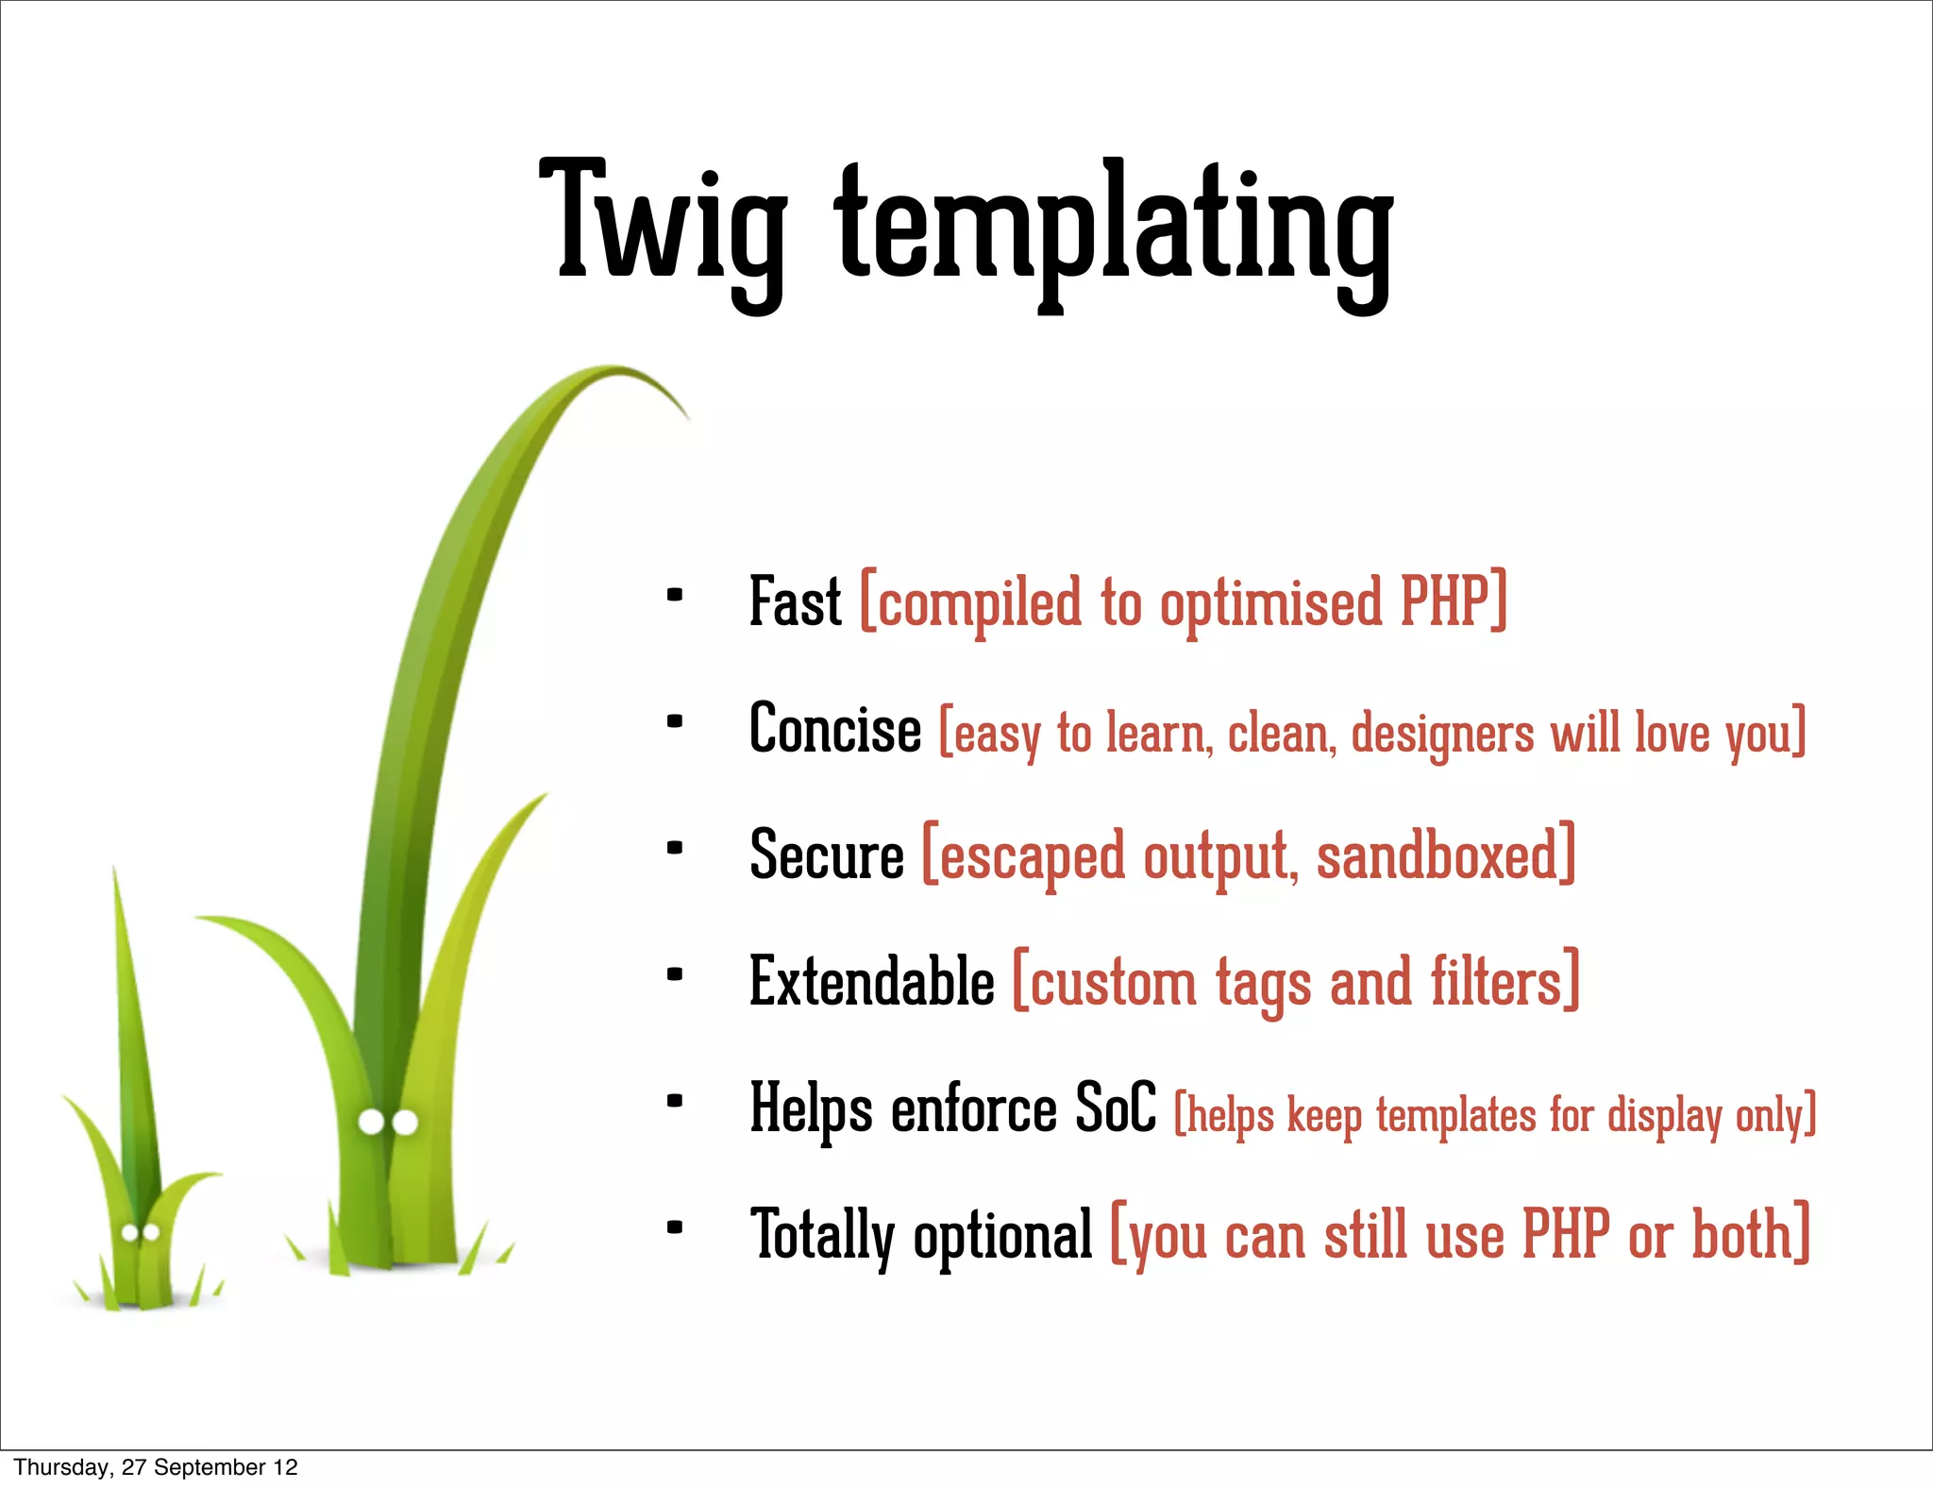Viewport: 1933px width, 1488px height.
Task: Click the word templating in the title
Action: tap(1114, 231)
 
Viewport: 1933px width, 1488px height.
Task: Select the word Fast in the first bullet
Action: tap(794, 601)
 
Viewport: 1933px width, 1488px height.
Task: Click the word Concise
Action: tap(834, 729)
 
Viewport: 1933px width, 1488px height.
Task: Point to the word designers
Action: tap(1442, 734)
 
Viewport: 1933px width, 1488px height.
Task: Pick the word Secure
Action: tap(826, 854)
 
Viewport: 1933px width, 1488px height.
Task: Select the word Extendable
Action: tap(871, 982)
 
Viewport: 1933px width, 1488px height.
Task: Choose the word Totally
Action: tap(822, 1235)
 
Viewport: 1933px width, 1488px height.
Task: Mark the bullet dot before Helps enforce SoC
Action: tap(674, 1101)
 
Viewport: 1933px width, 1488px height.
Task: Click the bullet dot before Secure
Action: tap(674, 848)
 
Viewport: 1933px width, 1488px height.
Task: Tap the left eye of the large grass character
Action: tap(372, 1123)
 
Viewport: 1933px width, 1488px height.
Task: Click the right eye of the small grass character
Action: tap(150, 1233)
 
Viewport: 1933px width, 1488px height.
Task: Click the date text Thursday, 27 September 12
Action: tap(156, 1467)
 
